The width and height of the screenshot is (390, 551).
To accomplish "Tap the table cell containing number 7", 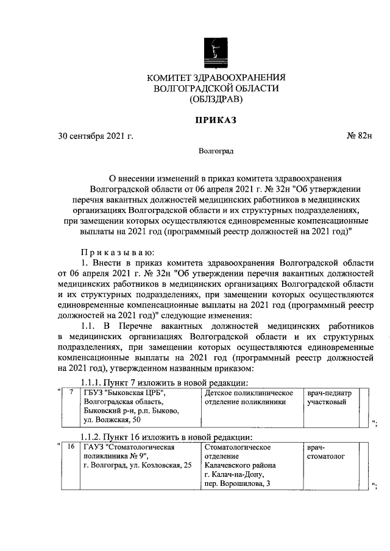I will coord(71,393).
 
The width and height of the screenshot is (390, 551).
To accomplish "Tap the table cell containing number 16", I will coord(71,447).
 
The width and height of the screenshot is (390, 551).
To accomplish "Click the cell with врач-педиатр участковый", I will coord(329,398).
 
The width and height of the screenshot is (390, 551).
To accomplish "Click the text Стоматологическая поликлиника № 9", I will coord(128,452).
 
